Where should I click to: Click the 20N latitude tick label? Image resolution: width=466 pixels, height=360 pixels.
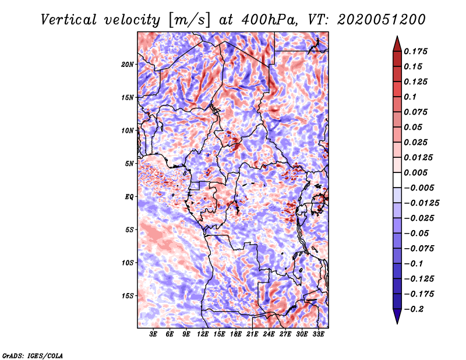[127, 65]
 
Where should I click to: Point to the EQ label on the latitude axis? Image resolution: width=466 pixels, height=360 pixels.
[129, 197]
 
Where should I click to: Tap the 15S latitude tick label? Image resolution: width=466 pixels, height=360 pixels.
[127, 296]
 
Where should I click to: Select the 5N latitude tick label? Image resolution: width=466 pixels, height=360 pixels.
[129, 164]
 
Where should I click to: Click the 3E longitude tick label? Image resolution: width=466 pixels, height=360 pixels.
[153, 334]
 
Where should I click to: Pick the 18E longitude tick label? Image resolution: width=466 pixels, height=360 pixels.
[236, 334]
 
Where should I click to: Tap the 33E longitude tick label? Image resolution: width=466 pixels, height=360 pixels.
[318, 334]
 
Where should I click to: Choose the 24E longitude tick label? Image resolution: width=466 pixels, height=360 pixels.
[269, 334]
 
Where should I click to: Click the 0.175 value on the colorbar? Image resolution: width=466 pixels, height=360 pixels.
[415, 51]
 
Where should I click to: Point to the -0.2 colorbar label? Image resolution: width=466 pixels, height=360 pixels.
[414, 309]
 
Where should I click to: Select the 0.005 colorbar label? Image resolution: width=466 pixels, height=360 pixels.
[415, 172]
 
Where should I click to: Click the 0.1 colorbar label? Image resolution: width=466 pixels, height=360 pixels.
[410, 97]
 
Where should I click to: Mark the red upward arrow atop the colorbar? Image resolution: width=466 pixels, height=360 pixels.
[397, 44]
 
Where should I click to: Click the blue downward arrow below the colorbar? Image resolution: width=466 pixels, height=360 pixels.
[397, 316]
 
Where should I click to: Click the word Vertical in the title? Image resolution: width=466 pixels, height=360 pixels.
[69, 20]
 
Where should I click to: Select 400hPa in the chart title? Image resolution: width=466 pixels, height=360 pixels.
[269, 20]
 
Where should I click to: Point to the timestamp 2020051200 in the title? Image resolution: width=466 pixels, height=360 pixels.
[382, 20]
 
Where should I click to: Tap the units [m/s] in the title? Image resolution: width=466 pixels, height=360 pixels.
[189, 20]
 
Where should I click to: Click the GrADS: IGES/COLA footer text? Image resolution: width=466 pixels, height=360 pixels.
[33, 355]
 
